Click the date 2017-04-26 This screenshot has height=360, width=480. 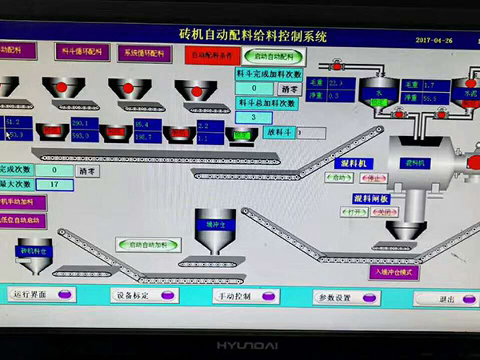tap(434, 40)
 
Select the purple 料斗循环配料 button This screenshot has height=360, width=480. tap(82, 52)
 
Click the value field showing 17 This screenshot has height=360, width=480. tap(54, 184)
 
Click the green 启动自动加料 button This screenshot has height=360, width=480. tap(148, 244)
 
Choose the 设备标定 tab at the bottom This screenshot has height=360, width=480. tap(144, 295)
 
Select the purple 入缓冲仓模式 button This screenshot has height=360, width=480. tap(394, 272)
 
